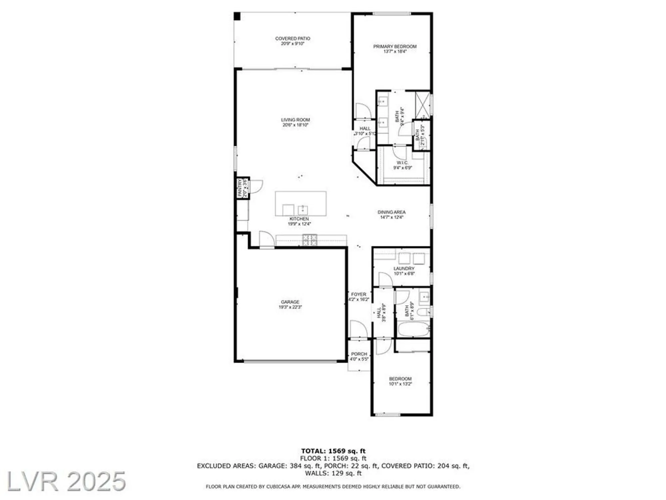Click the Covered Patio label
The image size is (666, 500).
(x=292, y=39)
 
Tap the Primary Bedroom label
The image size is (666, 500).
(x=395, y=47)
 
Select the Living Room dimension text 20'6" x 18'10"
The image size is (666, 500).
(x=295, y=125)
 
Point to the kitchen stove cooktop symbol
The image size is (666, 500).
(x=310, y=240)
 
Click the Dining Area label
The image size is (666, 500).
(x=391, y=212)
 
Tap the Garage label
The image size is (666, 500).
(x=290, y=302)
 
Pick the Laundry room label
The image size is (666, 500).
(x=404, y=268)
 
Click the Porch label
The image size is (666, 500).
(x=359, y=354)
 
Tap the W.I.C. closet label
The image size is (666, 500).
(x=402, y=163)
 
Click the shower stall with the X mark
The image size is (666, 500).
(x=422, y=104)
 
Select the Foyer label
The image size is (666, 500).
(x=359, y=294)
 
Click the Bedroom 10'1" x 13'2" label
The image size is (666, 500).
(x=400, y=379)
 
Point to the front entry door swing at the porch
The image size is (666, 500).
(x=358, y=329)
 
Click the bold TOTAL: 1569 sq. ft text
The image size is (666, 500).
(x=333, y=451)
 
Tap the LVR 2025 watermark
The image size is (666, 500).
(x=66, y=481)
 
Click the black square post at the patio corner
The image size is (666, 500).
(x=237, y=16)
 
